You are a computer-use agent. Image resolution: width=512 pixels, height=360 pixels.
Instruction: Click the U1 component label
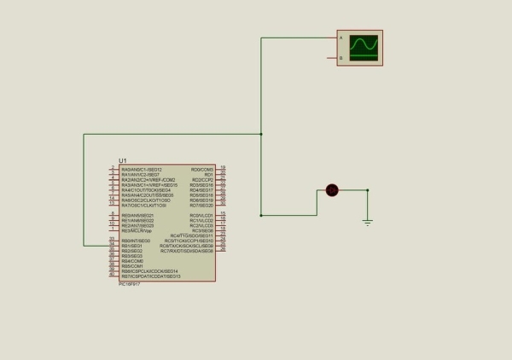tap(123, 160)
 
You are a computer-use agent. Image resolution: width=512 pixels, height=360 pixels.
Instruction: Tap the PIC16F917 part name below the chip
tap(129, 284)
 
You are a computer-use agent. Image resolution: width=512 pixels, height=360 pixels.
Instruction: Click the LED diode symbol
tap(332, 190)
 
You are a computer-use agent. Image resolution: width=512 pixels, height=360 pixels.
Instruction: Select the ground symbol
tap(368, 222)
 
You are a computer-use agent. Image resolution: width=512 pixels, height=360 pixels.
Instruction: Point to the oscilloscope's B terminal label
tap(341, 58)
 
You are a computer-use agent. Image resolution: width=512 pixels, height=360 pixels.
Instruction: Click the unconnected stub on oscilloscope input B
tap(333, 58)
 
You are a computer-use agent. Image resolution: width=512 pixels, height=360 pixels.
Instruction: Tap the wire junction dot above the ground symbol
tap(368, 190)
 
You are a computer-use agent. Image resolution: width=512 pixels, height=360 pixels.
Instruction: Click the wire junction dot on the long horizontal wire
tap(260, 134)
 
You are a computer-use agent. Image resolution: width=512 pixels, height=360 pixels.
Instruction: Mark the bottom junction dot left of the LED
tap(260, 215)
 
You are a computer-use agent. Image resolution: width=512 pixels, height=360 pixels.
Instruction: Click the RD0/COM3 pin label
tap(202, 169)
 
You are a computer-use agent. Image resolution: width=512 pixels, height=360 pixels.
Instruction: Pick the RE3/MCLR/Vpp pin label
tap(137, 230)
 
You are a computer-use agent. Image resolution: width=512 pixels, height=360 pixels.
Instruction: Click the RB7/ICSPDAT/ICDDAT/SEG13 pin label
tap(151, 276)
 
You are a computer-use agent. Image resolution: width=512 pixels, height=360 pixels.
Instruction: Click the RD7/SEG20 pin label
tap(201, 205)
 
